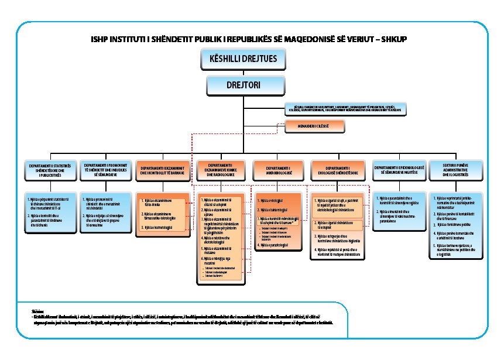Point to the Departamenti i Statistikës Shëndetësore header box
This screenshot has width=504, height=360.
tap(49, 170)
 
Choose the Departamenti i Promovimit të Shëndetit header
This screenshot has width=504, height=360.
tap(105, 170)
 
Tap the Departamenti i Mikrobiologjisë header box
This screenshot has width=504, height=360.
tap(278, 170)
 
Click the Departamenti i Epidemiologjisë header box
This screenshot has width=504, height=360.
tap(397, 170)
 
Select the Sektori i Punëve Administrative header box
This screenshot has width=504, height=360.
tap(455, 170)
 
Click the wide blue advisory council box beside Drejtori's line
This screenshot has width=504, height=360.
tap(345, 109)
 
